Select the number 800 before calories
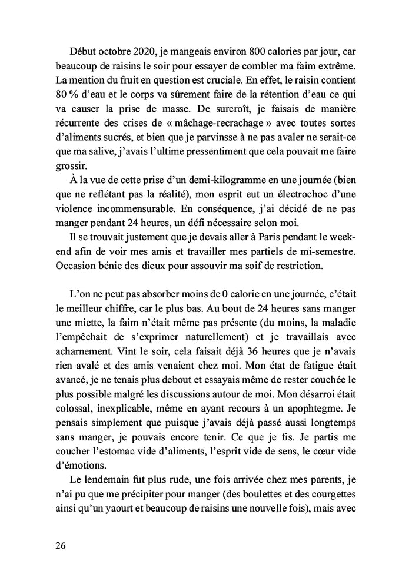[x=247, y=47]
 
